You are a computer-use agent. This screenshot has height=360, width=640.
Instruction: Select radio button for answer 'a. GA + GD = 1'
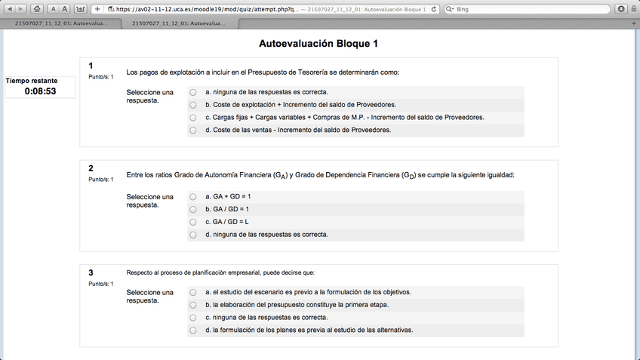[193, 196]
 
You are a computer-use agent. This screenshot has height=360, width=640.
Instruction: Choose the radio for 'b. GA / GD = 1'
[193, 209]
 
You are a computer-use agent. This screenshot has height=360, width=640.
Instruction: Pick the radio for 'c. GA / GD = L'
[193, 222]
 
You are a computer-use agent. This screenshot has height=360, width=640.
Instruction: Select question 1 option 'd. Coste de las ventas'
[193, 130]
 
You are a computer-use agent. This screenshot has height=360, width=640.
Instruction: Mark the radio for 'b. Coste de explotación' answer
[193, 104]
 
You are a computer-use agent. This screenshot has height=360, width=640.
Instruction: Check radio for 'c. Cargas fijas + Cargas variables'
[193, 117]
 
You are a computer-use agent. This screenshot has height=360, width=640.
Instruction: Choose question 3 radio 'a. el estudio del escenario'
[193, 292]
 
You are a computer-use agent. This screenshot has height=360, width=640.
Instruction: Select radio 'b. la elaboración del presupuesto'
[193, 305]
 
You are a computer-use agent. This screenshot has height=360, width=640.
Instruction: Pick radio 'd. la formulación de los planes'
[193, 331]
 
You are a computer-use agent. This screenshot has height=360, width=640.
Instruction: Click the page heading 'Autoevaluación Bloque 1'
[318, 44]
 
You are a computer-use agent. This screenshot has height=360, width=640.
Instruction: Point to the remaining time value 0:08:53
[40, 91]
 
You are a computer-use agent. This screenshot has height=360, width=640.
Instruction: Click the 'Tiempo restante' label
[32, 80]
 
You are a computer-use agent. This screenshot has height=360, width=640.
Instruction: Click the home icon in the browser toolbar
[37, 9]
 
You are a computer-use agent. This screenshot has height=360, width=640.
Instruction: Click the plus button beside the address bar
[97, 9]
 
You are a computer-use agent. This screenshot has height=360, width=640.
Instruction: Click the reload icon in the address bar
[433, 9]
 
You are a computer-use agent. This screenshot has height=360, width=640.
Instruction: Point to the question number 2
[91, 168]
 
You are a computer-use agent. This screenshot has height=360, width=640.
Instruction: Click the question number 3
[91, 272]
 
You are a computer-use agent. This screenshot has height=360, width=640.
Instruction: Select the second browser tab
[178, 23]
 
